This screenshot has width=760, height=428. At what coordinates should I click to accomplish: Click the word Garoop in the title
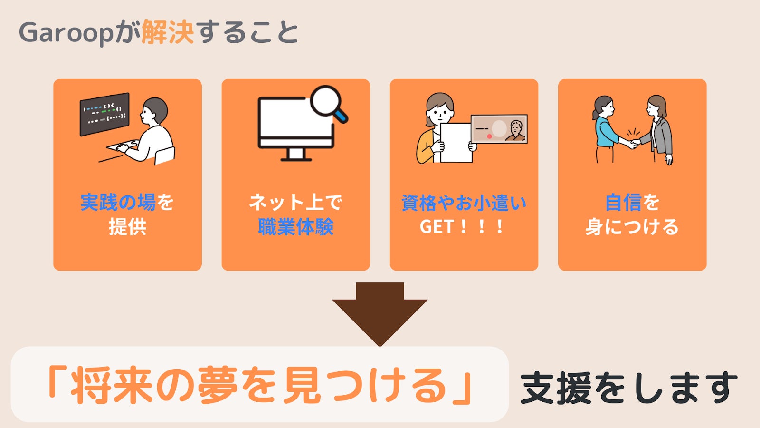click(66, 33)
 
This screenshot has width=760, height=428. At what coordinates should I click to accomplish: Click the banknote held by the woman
click(499, 129)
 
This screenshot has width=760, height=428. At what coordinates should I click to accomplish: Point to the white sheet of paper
click(456, 143)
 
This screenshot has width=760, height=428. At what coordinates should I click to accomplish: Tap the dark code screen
click(104, 114)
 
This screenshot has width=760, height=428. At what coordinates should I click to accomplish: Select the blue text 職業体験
click(295, 227)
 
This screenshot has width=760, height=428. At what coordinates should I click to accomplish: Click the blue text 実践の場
click(118, 203)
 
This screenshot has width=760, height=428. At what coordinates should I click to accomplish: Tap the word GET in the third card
click(437, 227)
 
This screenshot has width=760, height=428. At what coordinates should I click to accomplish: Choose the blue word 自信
click(623, 203)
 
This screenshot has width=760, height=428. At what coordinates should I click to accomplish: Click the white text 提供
click(127, 227)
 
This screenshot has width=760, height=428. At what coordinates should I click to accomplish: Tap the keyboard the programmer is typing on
click(123, 146)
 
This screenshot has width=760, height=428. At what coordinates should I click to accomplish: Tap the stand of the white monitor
click(295, 155)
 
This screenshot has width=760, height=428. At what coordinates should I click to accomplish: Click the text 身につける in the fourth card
click(632, 227)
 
